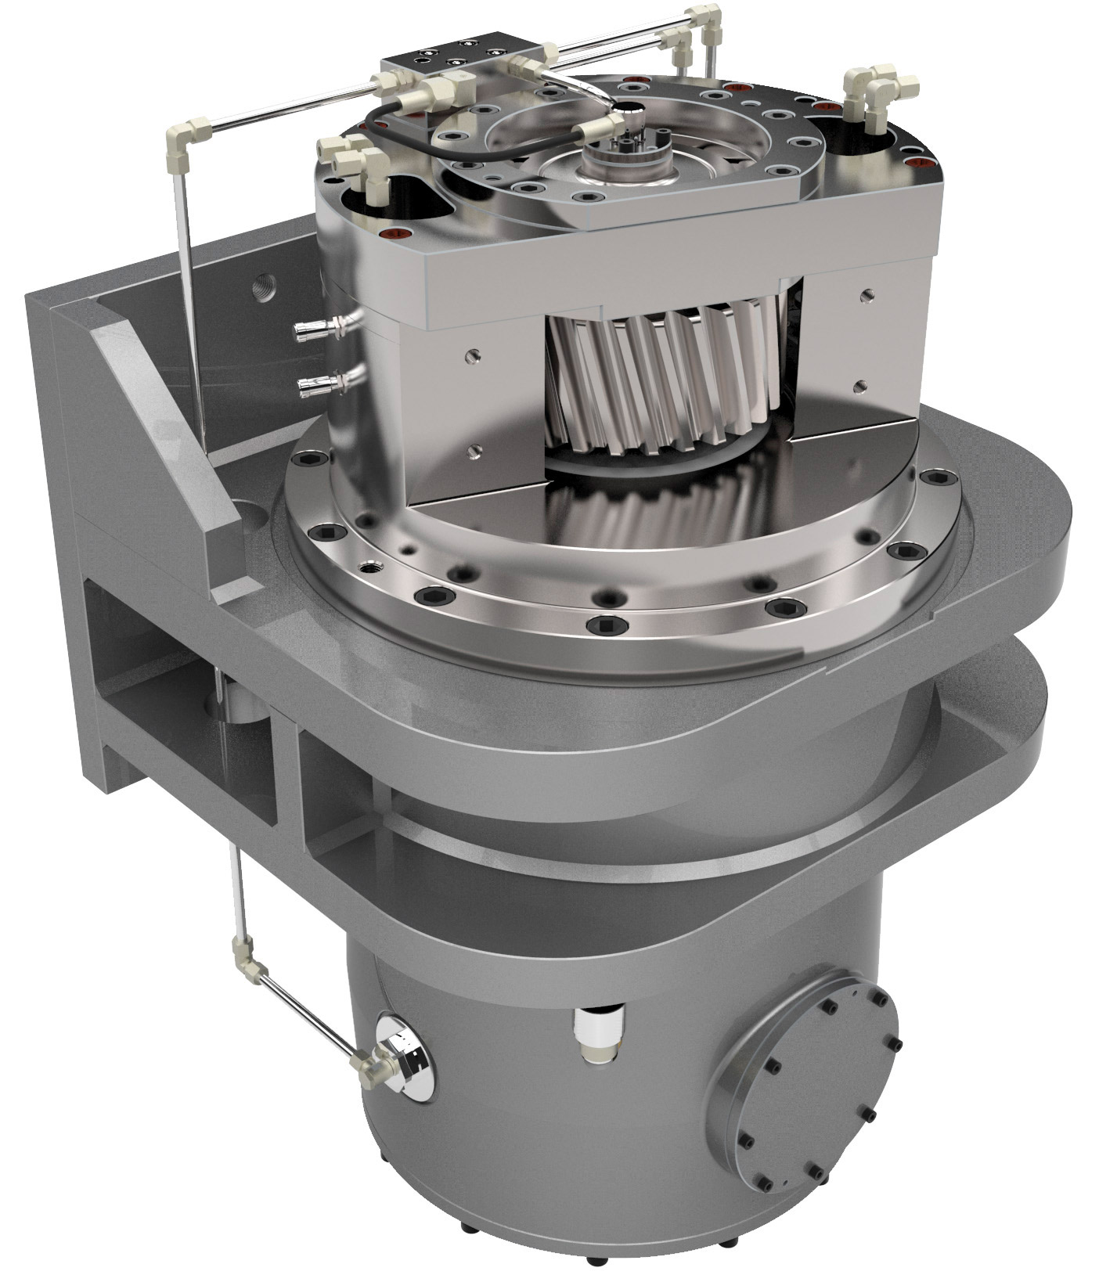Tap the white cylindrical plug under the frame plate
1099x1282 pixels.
[596, 1033]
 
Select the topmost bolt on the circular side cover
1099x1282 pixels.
[856, 987]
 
